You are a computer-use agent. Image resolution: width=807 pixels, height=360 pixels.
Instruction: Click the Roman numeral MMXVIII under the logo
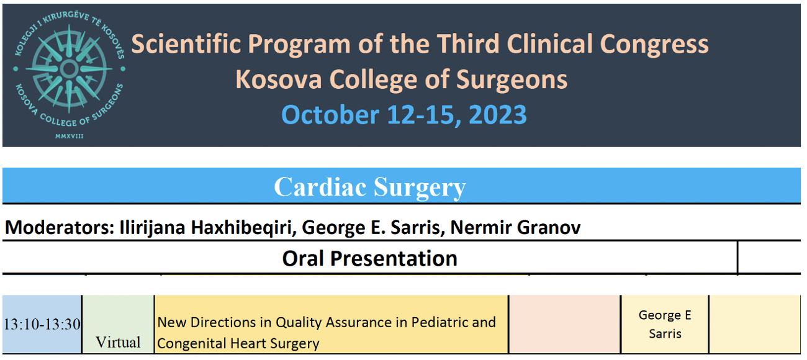click(69, 136)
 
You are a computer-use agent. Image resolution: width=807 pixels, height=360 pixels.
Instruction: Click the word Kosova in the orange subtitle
click(279, 79)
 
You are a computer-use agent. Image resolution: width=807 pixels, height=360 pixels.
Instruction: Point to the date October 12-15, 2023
click(404, 115)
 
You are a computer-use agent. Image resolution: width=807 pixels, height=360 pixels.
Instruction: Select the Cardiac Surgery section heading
click(369, 187)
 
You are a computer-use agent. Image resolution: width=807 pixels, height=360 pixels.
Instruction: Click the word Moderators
click(60, 227)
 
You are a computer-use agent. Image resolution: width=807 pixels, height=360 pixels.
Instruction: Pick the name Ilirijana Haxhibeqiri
click(208, 228)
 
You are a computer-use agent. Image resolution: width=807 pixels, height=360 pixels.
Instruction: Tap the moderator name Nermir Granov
click(515, 227)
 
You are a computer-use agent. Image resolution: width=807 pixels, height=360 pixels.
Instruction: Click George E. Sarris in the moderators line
click(373, 228)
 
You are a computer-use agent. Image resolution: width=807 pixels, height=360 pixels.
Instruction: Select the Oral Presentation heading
click(369, 258)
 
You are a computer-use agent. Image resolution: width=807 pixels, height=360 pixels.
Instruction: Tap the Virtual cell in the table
click(118, 343)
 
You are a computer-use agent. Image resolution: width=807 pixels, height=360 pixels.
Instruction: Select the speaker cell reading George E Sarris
click(665, 325)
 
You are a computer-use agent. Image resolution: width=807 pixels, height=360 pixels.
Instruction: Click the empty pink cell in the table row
click(564, 325)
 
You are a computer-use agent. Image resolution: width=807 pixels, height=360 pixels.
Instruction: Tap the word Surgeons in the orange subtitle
click(512, 80)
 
